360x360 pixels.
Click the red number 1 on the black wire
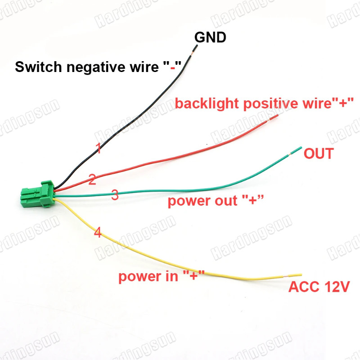[99, 148]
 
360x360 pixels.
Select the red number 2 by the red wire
[92, 180]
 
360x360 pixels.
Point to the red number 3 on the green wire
[115, 195]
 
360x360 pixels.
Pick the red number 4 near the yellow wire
[98, 233]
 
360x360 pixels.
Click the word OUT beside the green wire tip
[318, 154]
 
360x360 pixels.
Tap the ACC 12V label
[319, 287]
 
